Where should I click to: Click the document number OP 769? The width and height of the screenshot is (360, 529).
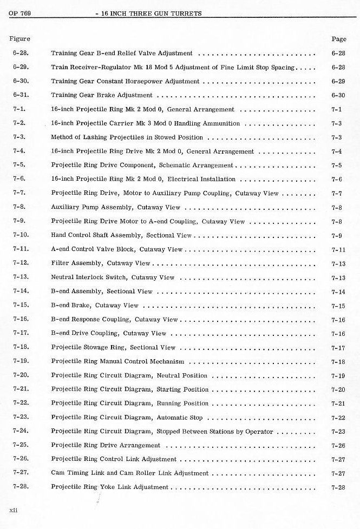tap(19, 14)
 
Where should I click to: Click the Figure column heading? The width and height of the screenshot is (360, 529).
tap(19, 39)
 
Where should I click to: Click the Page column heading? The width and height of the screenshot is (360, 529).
tap(338, 39)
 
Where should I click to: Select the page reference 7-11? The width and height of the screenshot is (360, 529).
tap(338, 250)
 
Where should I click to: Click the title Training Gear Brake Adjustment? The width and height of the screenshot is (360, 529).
tap(102, 95)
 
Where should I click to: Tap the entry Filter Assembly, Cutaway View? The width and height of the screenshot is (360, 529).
tap(101, 263)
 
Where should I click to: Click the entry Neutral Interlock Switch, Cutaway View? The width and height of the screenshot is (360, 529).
tap(113, 277)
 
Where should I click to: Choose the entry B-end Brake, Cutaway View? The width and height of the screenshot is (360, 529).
tap(95, 305)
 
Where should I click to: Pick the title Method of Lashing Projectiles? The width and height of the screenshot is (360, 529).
tap(127, 137)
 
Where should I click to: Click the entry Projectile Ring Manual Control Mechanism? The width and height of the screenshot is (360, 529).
tap(117, 361)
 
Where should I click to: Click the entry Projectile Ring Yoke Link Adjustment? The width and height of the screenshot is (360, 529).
tap(110, 487)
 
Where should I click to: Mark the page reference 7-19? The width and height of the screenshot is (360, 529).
tap(338, 376)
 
